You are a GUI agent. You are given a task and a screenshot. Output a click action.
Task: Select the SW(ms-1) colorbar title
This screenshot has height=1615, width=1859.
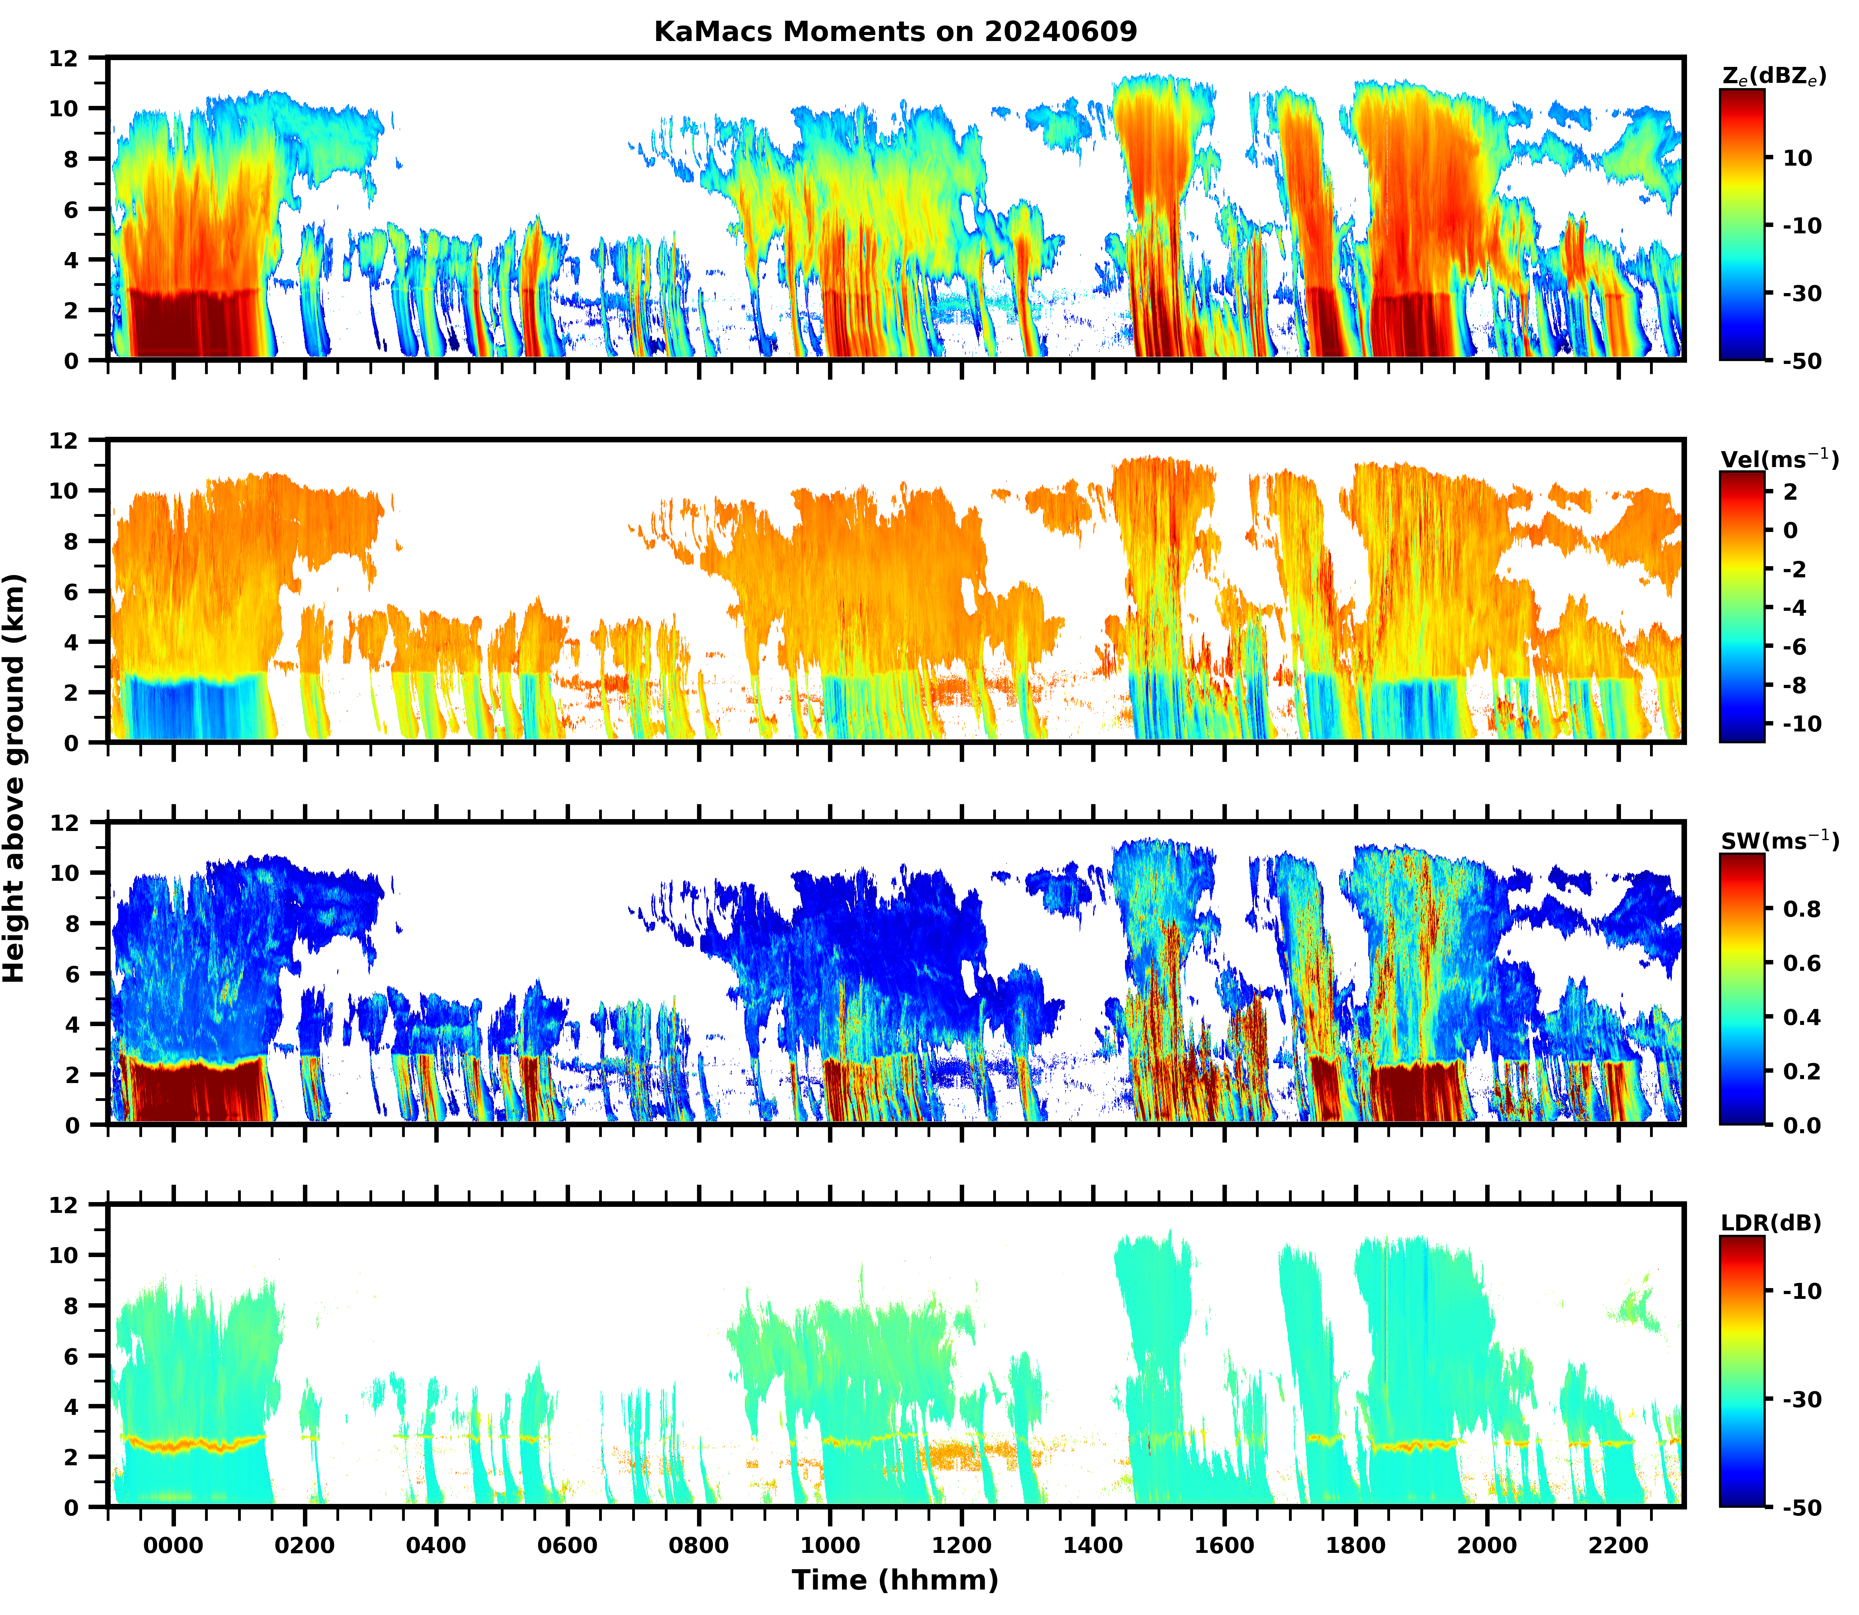click(1779, 841)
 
